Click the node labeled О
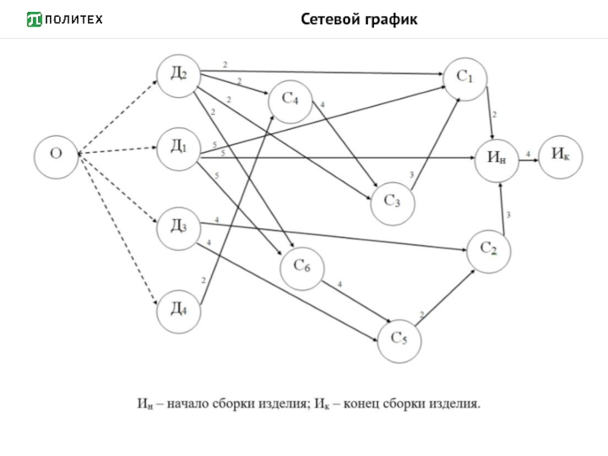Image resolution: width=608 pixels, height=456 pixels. point(55,155)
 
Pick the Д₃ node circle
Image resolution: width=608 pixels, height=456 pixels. point(179,226)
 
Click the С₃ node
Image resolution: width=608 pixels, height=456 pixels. point(392,201)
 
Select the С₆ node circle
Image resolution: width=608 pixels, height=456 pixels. point(302,267)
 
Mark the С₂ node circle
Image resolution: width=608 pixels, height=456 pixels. point(488,249)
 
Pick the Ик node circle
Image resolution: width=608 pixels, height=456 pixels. point(561,155)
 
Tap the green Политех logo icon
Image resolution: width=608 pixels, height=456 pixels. point(34,19)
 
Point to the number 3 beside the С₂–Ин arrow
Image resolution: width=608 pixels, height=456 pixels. point(508,215)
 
